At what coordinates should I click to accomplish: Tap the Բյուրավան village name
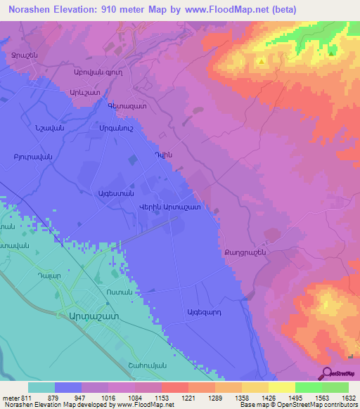coord(34,156)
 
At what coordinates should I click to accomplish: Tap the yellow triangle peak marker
coord(262,61)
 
